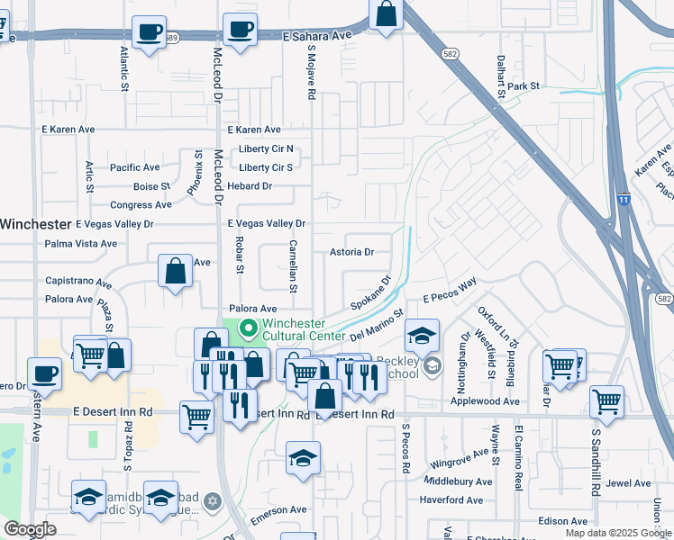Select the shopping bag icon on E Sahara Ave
click(386, 15)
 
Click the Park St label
click(523, 86)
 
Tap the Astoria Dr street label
click(351, 252)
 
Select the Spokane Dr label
click(371, 292)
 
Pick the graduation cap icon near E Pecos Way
click(422, 337)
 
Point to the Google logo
click(30, 529)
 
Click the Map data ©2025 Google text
click(617, 533)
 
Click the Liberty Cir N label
click(266, 148)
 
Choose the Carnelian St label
click(293, 266)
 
